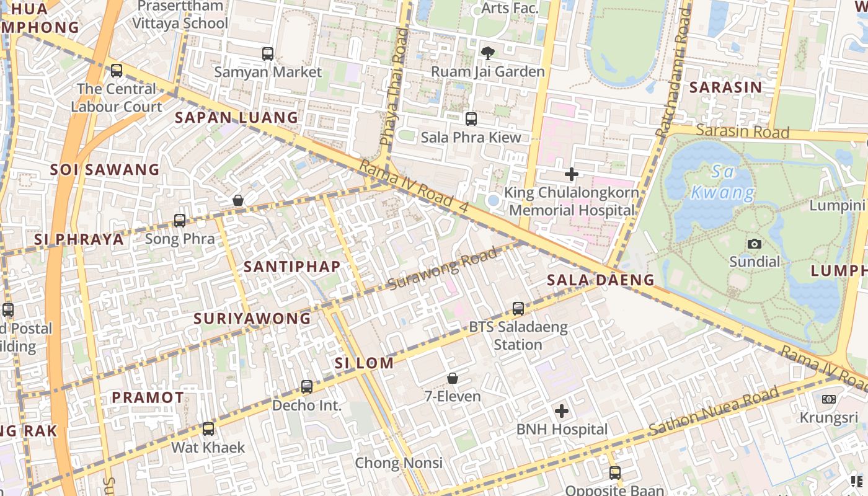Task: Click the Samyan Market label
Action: (268, 72)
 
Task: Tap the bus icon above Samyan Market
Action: (268, 54)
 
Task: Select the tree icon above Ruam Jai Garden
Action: (488, 53)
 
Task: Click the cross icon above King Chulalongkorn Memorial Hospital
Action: (572, 175)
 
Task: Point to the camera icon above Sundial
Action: (755, 244)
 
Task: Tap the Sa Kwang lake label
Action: (724, 183)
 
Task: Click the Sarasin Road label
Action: (742, 131)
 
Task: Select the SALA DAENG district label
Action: (600, 280)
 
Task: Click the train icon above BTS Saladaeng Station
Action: (518, 309)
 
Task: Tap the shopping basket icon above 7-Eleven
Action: (453, 378)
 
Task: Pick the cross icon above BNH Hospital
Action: (562, 411)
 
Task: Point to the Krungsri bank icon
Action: (829, 399)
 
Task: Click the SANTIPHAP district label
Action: (292, 267)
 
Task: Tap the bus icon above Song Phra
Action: (180, 221)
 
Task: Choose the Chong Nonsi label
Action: (399, 463)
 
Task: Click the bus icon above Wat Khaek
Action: (208, 429)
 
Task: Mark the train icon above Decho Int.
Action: (307, 387)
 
